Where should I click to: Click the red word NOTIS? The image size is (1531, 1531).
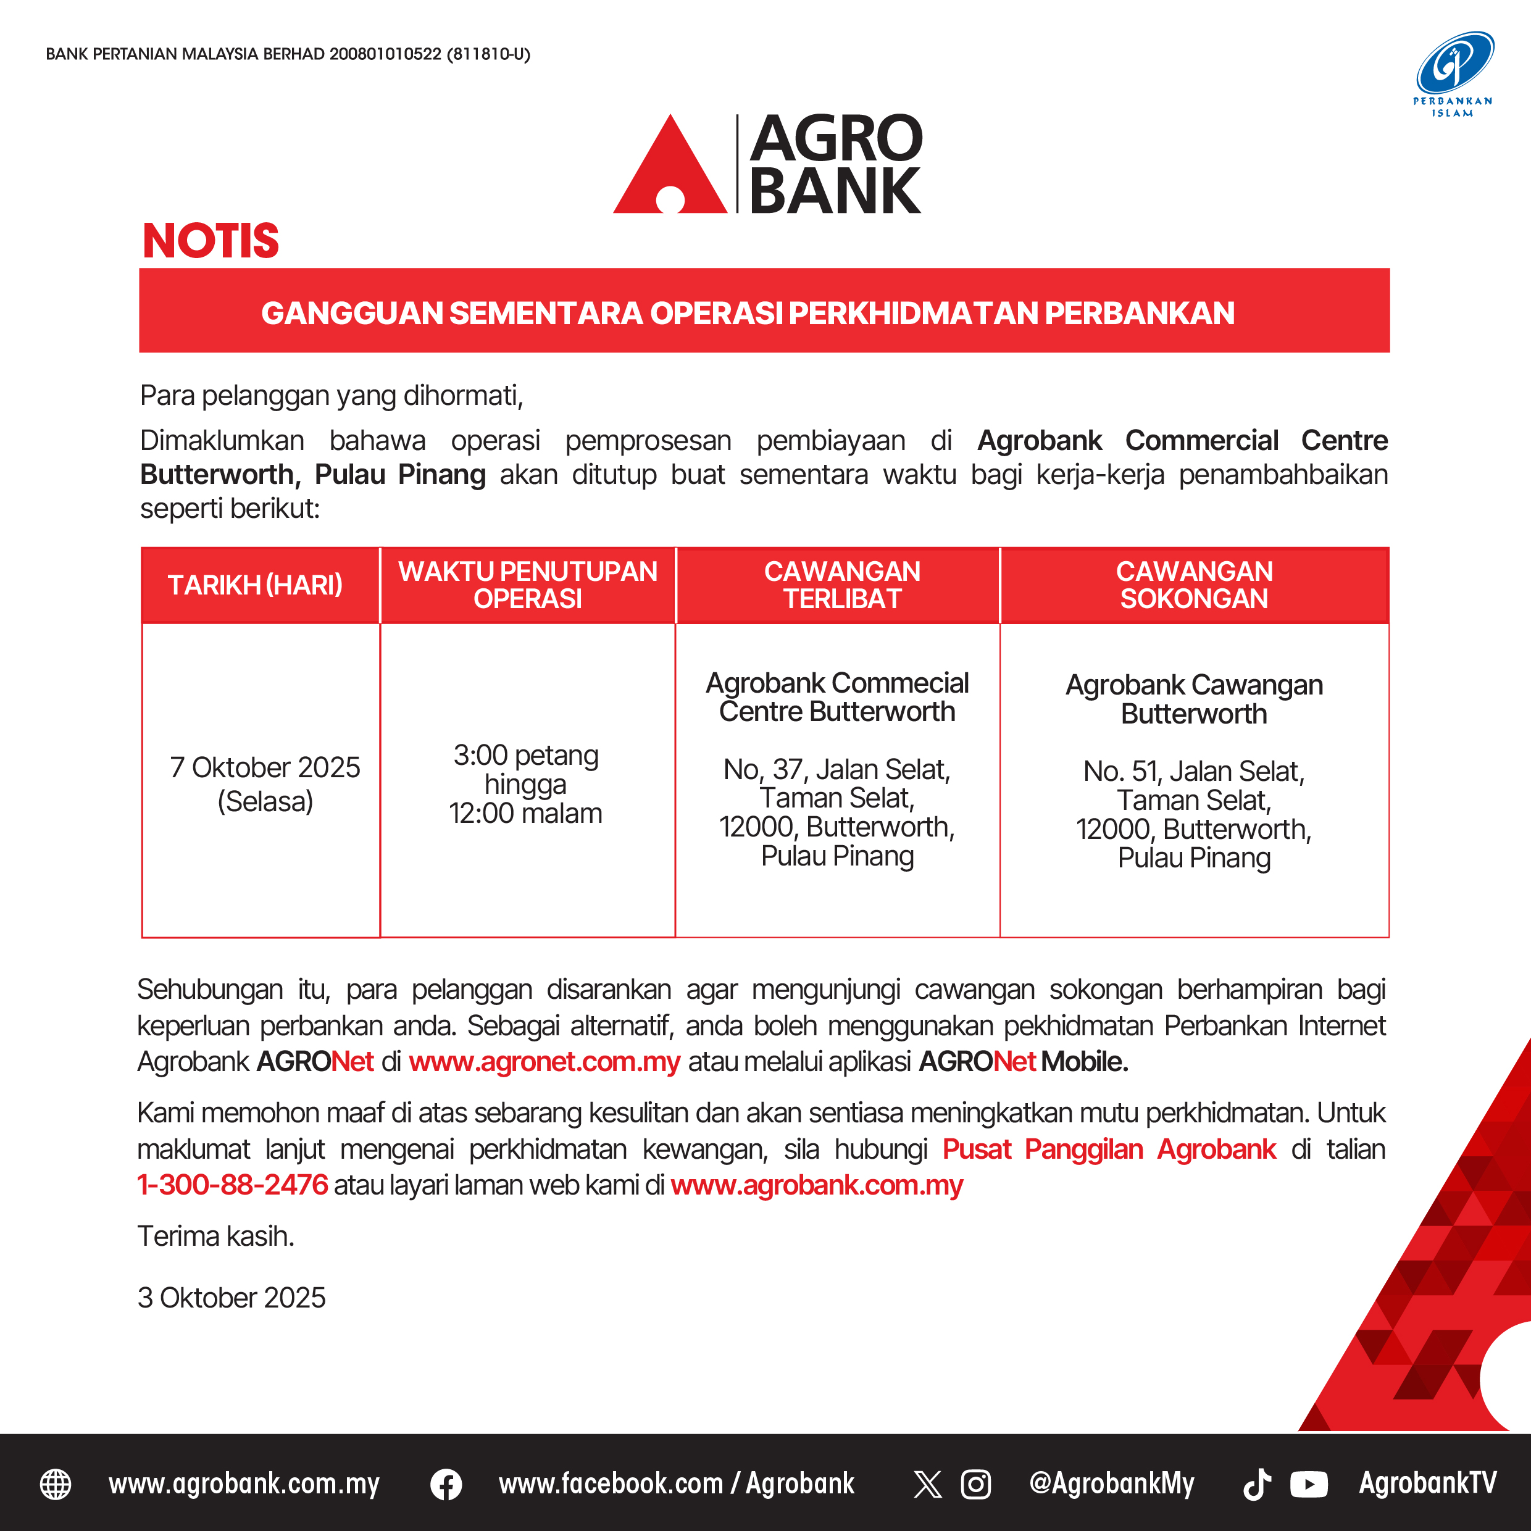[211, 241]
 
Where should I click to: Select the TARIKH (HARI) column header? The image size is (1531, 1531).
[255, 585]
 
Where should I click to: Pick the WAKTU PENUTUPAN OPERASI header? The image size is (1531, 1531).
[528, 585]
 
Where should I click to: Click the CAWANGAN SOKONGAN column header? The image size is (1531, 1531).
[1194, 585]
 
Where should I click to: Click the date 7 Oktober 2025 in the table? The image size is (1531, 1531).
[265, 767]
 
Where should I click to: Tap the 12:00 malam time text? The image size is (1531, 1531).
[525, 813]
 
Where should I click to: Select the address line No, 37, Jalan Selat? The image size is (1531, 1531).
[837, 769]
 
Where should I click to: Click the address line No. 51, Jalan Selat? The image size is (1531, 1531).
[1193, 771]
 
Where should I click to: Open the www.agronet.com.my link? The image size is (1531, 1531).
[544, 1061]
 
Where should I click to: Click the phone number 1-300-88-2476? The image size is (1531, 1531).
[232, 1185]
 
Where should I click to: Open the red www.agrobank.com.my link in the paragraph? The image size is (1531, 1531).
[816, 1185]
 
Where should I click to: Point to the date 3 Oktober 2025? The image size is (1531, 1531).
[232, 1297]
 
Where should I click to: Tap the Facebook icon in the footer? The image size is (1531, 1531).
[446, 1484]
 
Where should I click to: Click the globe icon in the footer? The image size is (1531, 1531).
[56, 1484]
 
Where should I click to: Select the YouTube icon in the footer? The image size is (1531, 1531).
[1308, 1484]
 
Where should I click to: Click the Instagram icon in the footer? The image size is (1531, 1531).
[975, 1484]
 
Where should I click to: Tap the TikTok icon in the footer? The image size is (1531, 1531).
[1257, 1484]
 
